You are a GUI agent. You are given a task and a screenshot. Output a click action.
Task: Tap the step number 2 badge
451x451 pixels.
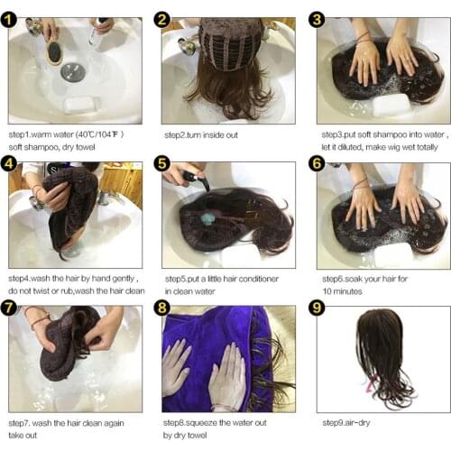tap(163, 20)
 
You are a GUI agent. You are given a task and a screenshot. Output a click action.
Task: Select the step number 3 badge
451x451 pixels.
tap(317, 20)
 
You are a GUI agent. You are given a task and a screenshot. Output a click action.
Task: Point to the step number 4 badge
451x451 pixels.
tap(11, 164)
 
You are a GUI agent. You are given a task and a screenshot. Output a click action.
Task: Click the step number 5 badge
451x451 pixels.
tap(163, 164)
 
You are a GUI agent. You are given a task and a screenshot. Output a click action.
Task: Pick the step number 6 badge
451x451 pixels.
tap(317, 164)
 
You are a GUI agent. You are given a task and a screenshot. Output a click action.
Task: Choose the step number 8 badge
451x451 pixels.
tap(163, 308)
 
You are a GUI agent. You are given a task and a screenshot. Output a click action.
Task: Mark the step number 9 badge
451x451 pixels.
tap(317, 308)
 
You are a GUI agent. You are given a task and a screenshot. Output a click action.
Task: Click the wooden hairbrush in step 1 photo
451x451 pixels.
tap(56, 50)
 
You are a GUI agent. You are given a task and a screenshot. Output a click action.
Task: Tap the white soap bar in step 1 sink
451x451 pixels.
tap(79, 104)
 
